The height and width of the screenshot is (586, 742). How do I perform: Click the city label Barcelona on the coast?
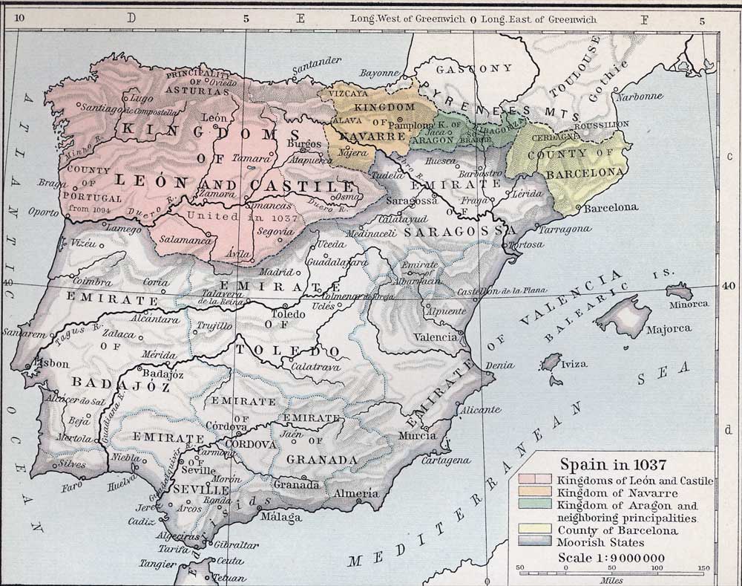(x=611, y=208)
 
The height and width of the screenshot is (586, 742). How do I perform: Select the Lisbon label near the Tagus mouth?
(x=52, y=364)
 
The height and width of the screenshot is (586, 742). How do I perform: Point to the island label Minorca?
(x=687, y=304)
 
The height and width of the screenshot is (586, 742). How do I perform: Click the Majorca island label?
(x=669, y=328)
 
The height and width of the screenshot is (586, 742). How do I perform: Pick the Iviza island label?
(x=574, y=364)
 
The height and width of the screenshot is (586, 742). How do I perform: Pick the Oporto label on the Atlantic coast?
(x=43, y=211)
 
